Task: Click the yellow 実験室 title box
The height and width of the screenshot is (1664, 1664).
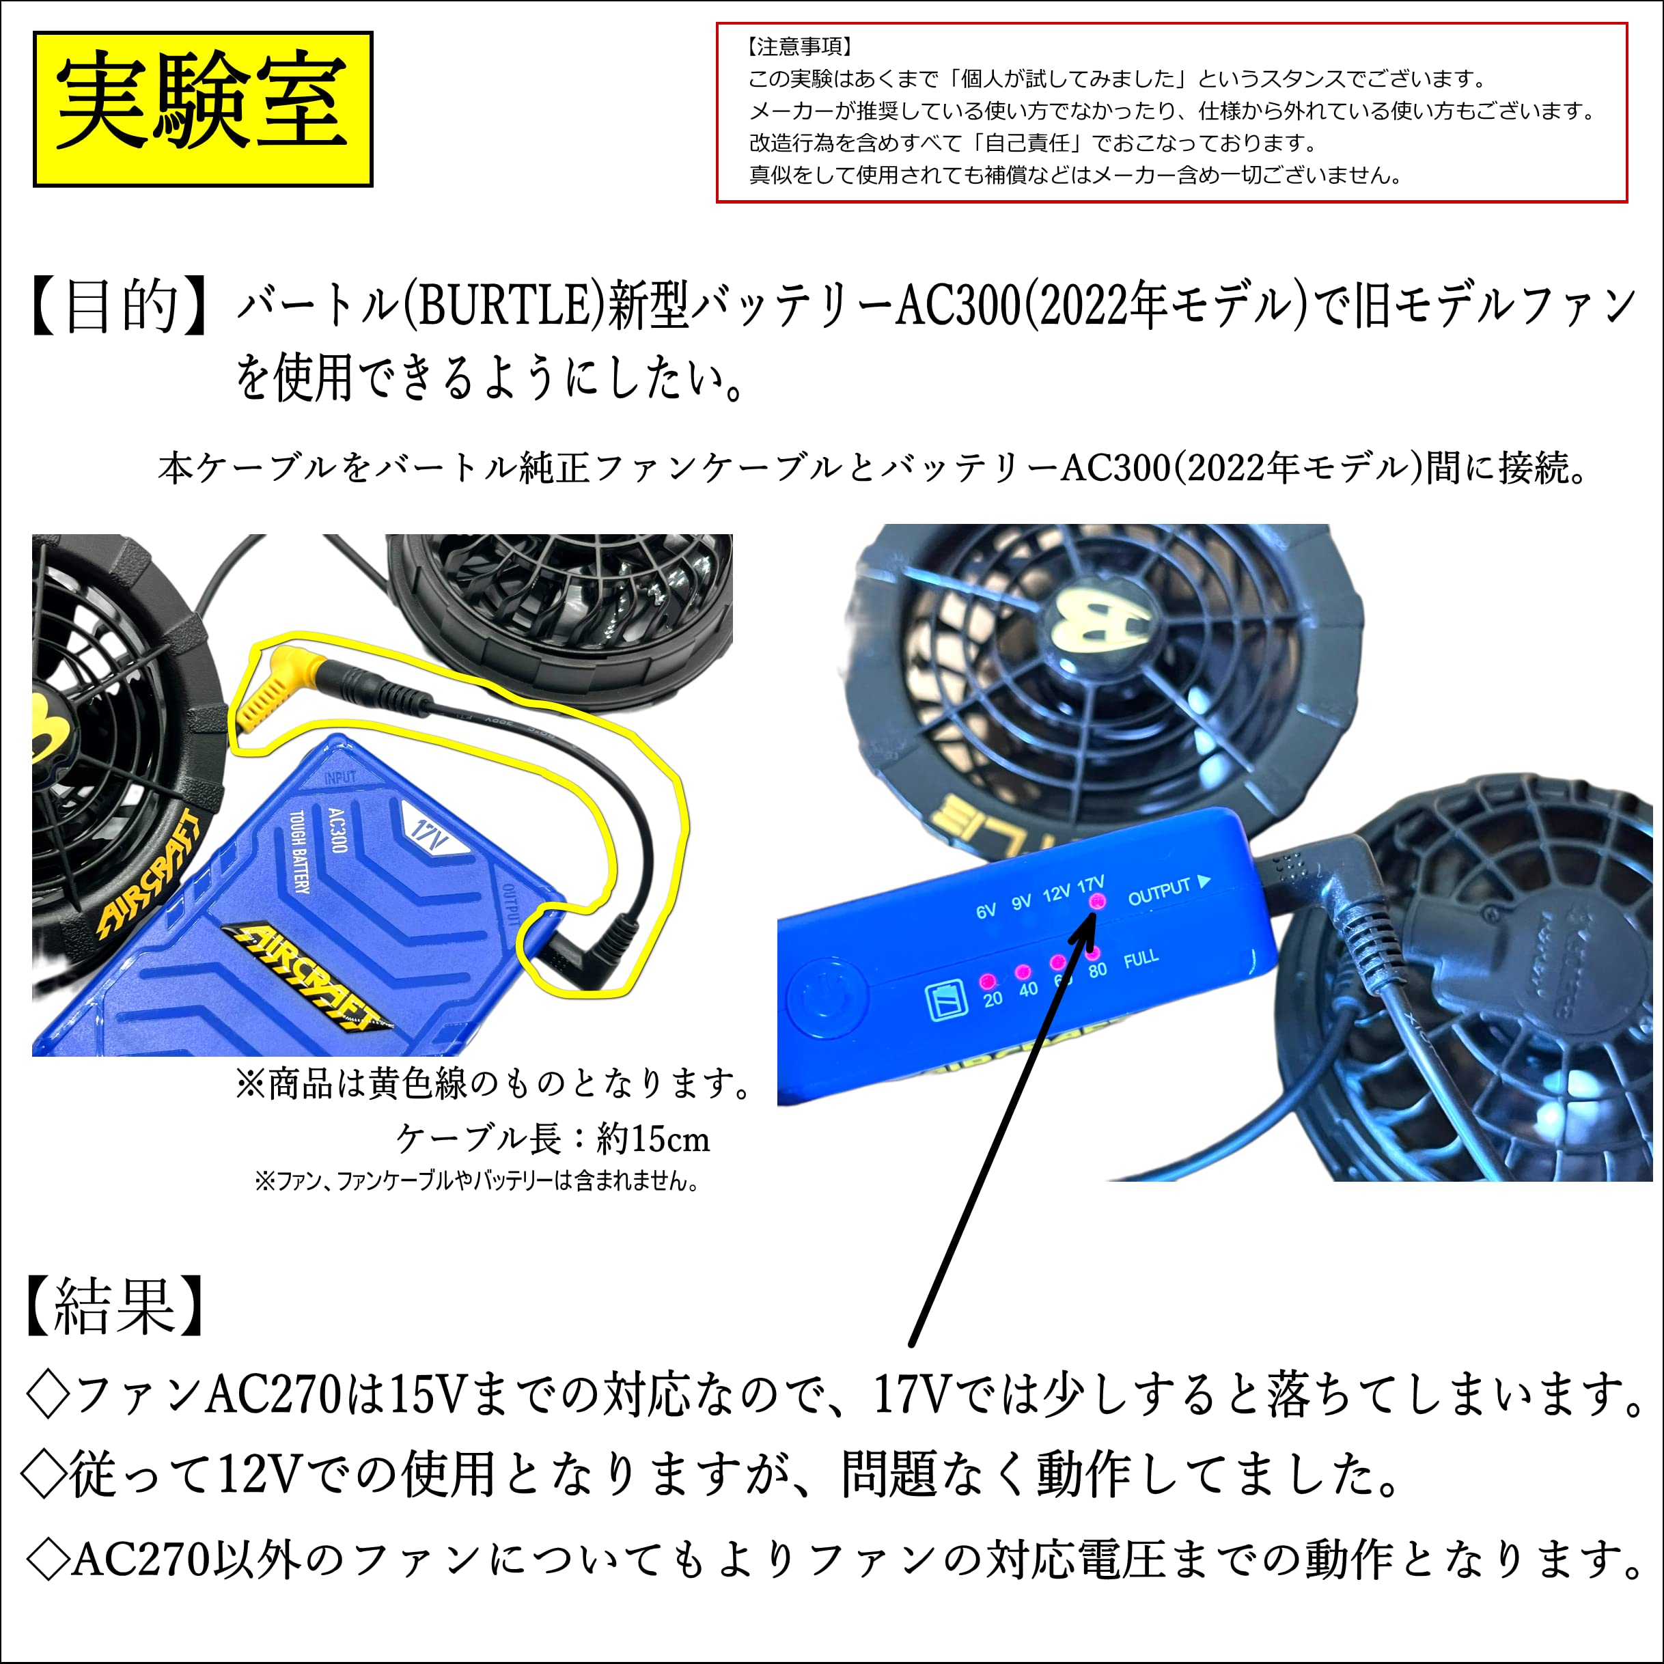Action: [202, 109]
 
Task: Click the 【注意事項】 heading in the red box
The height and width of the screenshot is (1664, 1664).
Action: [799, 46]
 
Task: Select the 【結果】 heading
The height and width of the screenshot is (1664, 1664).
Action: [115, 1305]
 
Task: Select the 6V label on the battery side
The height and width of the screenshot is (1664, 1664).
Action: [986, 911]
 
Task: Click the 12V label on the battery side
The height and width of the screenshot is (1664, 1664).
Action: [1057, 893]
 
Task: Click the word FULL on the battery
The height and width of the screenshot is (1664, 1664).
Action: [1141, 958]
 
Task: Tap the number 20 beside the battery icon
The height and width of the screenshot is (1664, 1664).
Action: [993, 999]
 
